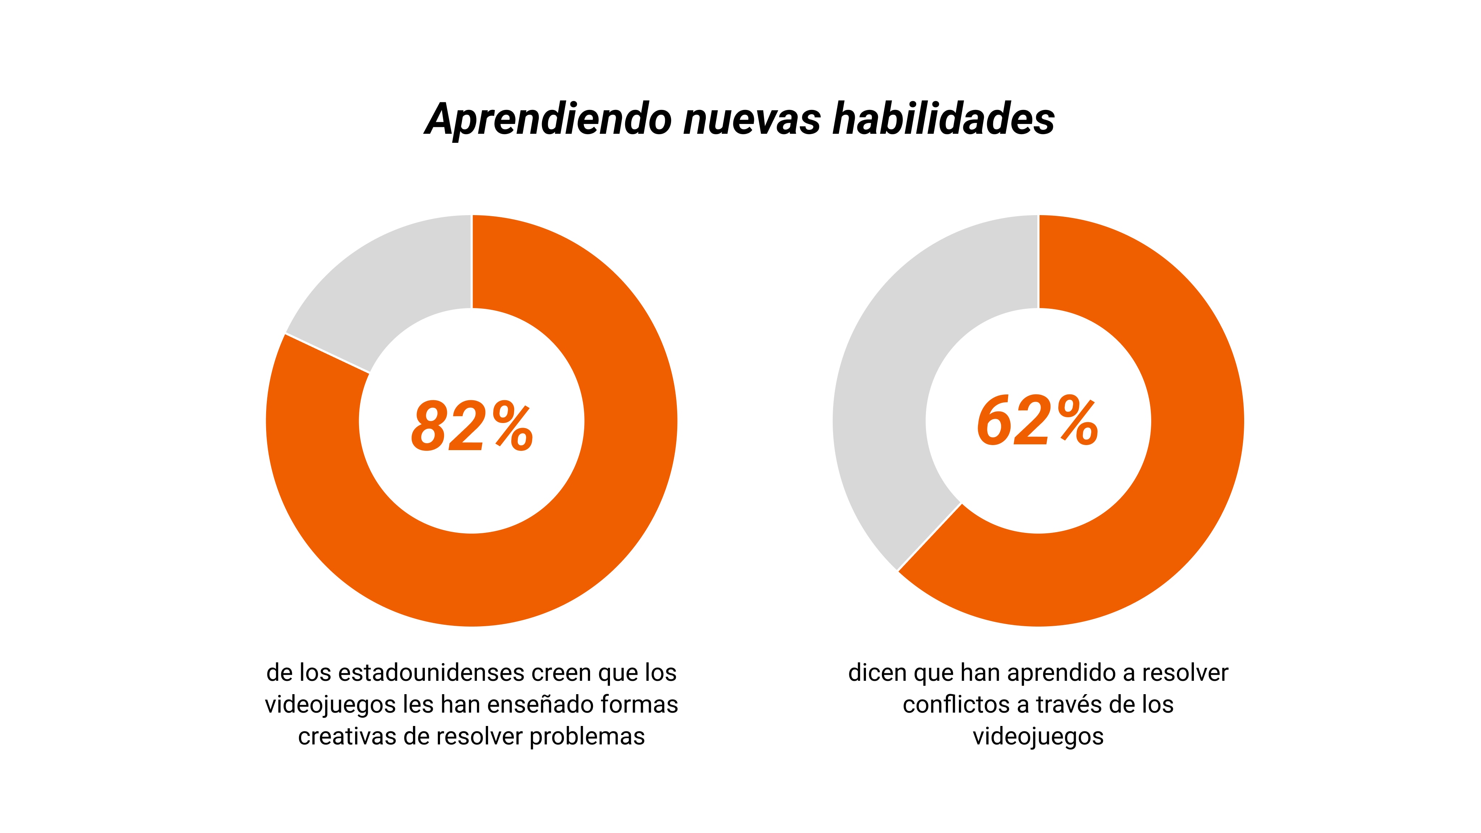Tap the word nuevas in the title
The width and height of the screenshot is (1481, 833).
coord(752,120)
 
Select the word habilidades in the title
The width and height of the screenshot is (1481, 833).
coord(943,120)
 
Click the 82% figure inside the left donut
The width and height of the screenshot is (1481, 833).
coord(471,426)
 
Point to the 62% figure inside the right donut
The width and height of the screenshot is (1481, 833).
coord(1038,422)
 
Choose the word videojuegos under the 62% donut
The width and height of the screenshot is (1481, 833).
coord(1038,736)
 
